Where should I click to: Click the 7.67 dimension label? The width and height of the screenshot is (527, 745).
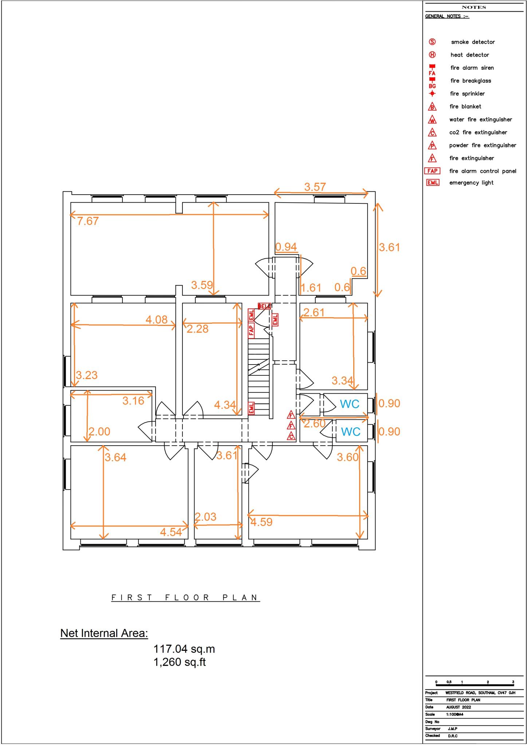pyautogui.click(x=88, y=221)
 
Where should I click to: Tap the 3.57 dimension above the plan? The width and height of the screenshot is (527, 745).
pyautogui.click(x=315, y=187)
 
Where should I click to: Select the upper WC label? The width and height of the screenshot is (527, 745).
pyautogui.click(x=349, y=404)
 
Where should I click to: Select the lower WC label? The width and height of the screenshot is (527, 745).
pyautogui.click(x=350, y=431)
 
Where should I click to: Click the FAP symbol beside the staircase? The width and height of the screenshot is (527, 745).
pyautogui.click(x=251, y=330)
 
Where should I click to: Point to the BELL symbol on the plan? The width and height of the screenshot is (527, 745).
pyautogui.click(x=264, y=306)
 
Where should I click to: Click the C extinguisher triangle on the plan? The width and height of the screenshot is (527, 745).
pyautogui.click(x=291, y=436)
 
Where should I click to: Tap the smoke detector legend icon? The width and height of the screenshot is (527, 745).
pyautogui.click(x=432, y=42)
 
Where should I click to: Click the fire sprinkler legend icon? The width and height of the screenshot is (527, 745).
pyautogui.click(x=432, y=93)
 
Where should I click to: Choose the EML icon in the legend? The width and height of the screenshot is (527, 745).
pyautogui.click(x=433, y=183)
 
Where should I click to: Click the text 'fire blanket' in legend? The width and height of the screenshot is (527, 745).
pyautogui.click(x=465, y=107)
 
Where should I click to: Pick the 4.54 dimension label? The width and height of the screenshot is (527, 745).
pyautogui.click(x=171, y=532)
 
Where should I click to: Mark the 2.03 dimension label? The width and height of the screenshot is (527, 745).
pyautogui.click(x=205, y=517)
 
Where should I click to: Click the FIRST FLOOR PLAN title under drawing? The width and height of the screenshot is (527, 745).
pyautogui.click(x=185, y=597)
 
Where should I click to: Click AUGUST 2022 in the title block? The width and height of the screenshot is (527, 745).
pyautogui.click(x=459, y=707)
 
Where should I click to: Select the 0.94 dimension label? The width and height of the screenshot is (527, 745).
pyautogui.click(x=286, y=247)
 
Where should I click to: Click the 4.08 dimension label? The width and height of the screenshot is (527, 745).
pyautogui.click(x=156, y=319)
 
